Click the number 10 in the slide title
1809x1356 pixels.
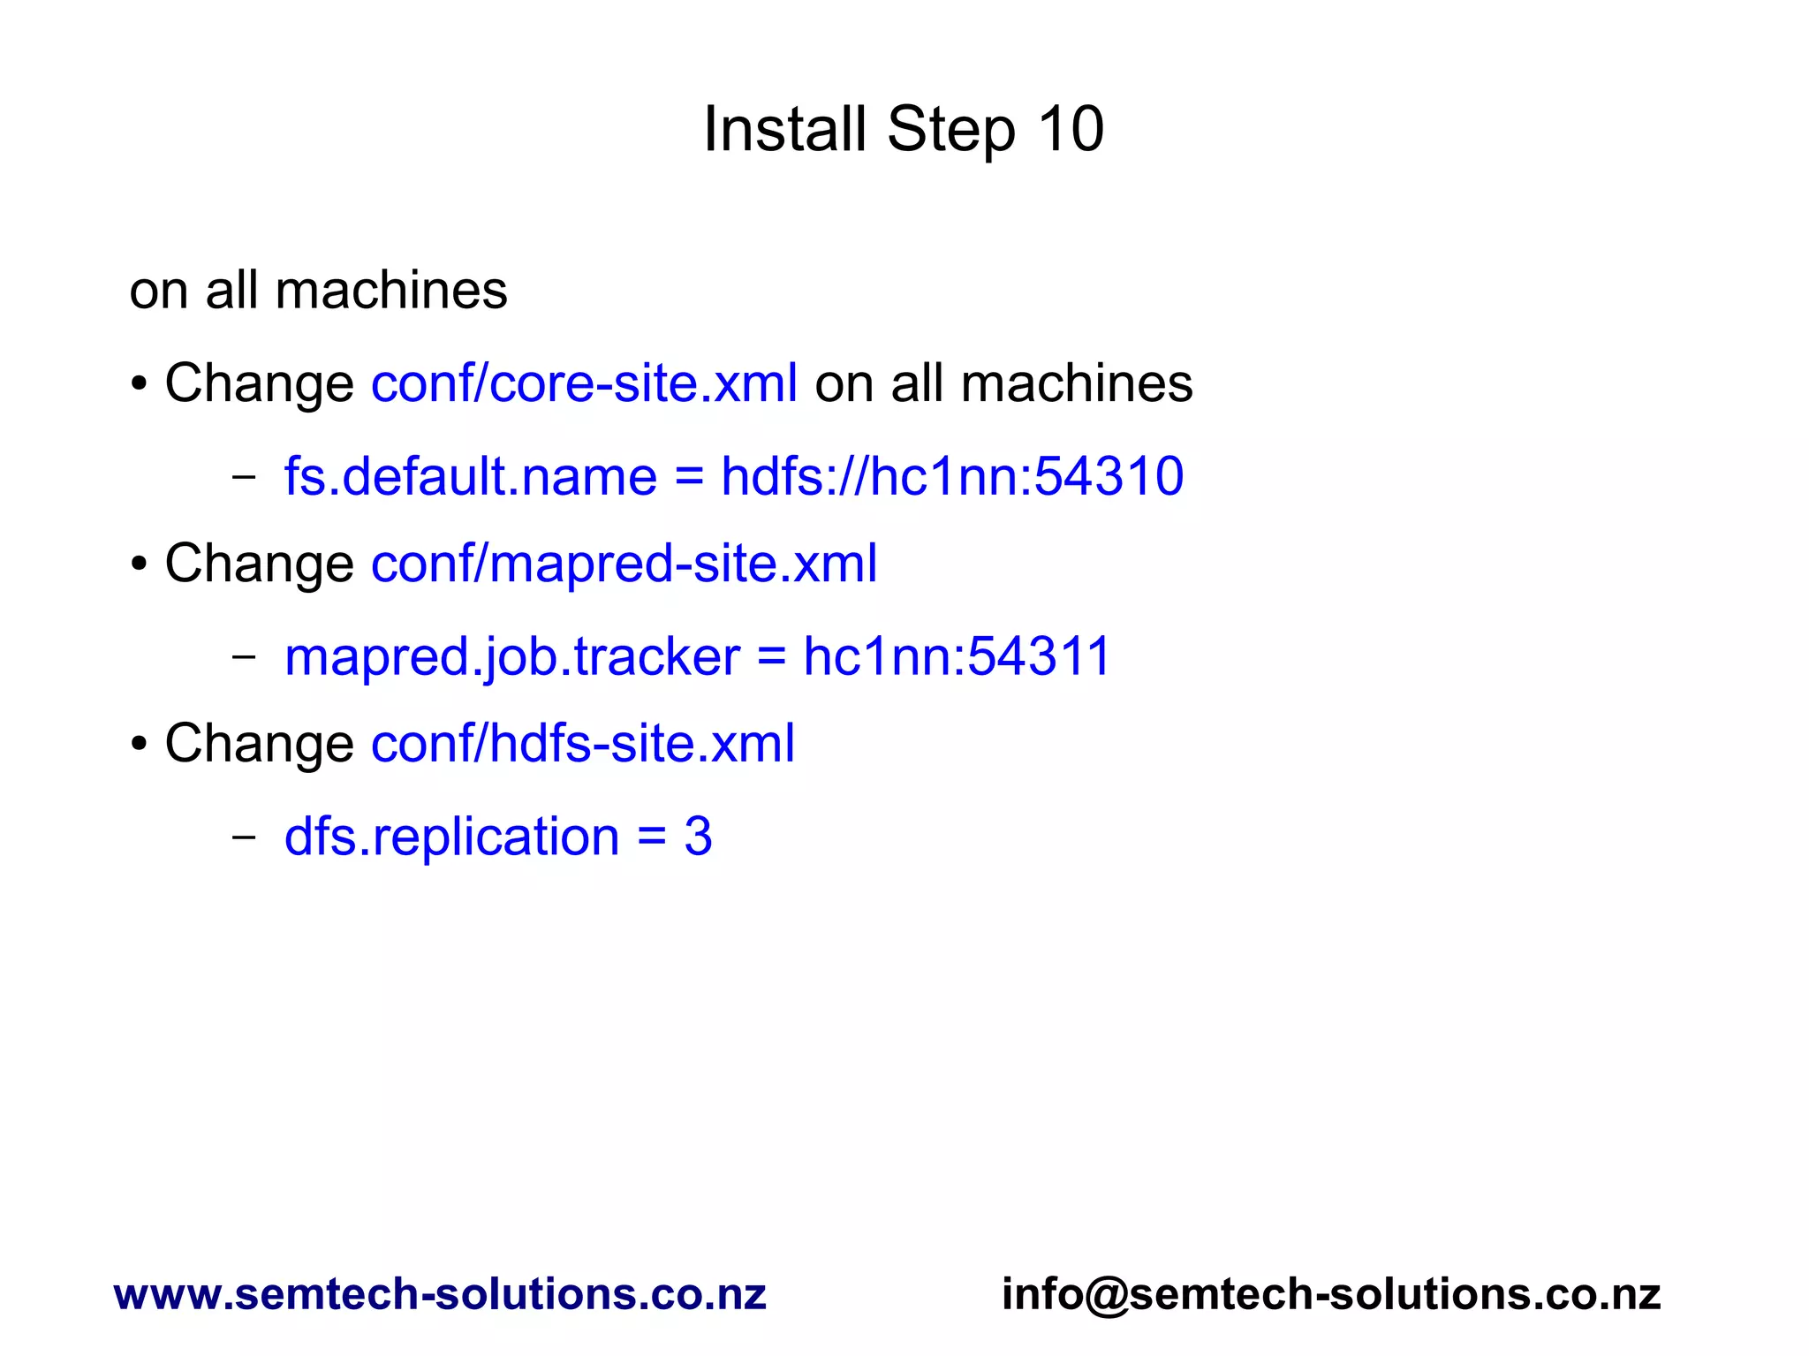pyautogui.click(x=1070, y=130)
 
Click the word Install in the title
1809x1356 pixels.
pyautogui.click(x=783, y=130)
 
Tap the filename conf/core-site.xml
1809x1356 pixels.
pyautogui.click(x=584, y=383)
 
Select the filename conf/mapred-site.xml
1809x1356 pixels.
pyautogui.click(x=624, y=564)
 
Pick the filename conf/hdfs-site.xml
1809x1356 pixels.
pyautogui.click(x=582, y=744)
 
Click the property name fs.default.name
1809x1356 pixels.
pyautogui.click(x=470, y=477)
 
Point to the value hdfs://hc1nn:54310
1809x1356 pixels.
pyautogui.click(x=952, y=477)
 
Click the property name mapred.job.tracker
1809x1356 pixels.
pyautogui.click(x=511, y=657)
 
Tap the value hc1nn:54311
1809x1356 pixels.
pyautogui.click(x=956, y=657)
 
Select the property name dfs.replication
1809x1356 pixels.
pyautogui.click(x=451, y=837)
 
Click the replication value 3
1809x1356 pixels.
pyautogui.click(x=698, y=837)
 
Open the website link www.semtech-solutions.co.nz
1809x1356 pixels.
pyautogui.click(x=440, y=1294)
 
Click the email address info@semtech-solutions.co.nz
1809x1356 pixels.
pyautogui.click(x=1331, y=1294)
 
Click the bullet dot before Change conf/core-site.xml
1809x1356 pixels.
pyautogui.click(x=139, y=385)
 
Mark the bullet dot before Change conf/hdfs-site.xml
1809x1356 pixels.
pyautogui.click(x=139, y=745)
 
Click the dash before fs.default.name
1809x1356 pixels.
pyautogui.click(x=243, y=477)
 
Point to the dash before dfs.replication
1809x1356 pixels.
pyautogui.click(x=243, y=837)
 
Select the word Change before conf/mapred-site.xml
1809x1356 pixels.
pyautogui.click(x=259, y=564)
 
